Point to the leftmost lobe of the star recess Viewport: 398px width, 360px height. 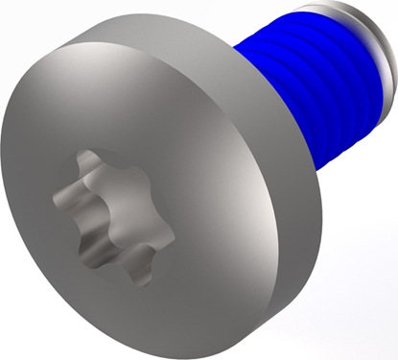point(60,197)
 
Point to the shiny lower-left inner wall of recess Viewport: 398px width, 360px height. point(82,230)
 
